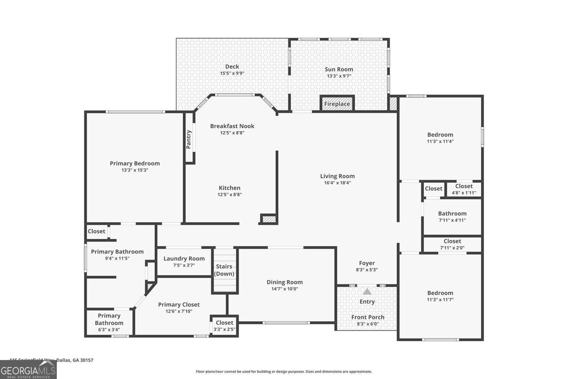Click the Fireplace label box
pyautogui.click(x=337, y=104)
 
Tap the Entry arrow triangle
pyautogui.click(x=367, y=292)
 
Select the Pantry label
pyautogui.click(x=189, y=139)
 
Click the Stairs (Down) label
pyautogui.click(x=224, y=270)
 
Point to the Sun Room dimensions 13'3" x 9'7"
pyautogui.click(x=339, y=76)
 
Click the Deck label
pyautogui.click(x=232, y=66)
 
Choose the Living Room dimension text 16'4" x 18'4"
pyautogui.click(x=337, y=183)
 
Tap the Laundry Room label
pyautogui.click(x=184, y=259)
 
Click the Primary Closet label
pyautogui.click(x=179, y=304)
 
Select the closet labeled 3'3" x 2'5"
pyautogui.click(x=224, y=326)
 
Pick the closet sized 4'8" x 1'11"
pyautogui.click(x=464, y=189)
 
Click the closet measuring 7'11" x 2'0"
pyautogui.click(x=452, y=244)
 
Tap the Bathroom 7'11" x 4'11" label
pyautogui.click(x=452, y=213)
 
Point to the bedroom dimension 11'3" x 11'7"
pyautogui.click(x=440, y=300)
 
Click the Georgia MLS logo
pyautogui.click(x=28, y=370)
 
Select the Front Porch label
pyautogui.click(x=368, y=317)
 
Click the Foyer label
pyautogui.click(x=367, y=263)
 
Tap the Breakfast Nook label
pyautogui.click(x=232, y=126)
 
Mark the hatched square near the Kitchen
pyautogui.click(x=269, y=219)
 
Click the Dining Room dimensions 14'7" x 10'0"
pyautogui.click(x=285, y=289)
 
